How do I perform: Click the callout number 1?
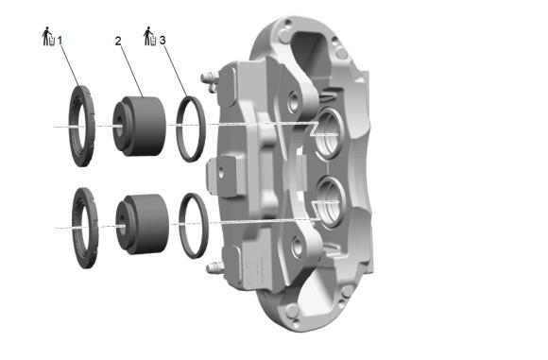coord(60,41)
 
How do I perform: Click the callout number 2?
coord(118,41)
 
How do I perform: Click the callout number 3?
coord(163,41)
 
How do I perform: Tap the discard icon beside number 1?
coord(48,36)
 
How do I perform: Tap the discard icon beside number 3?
coord(150,36)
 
